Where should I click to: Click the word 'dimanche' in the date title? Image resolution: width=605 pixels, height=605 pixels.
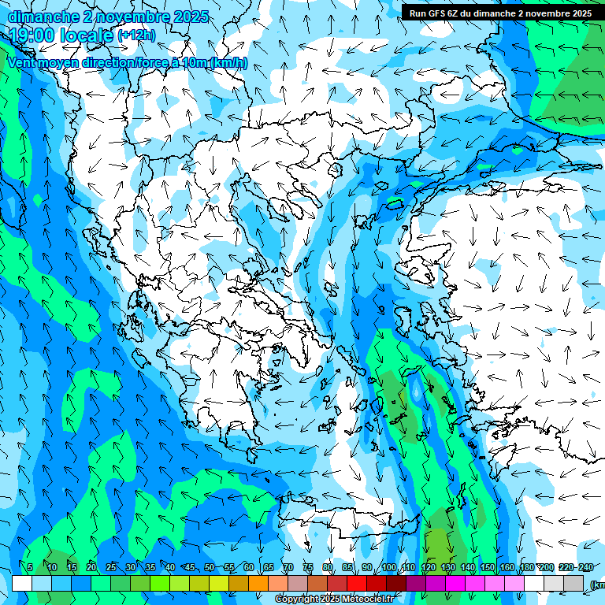tap(41, 17)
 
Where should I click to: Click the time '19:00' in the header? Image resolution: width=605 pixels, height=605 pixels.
tap(31, 35)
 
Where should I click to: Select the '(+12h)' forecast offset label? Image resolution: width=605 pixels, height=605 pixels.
tap(135, 35)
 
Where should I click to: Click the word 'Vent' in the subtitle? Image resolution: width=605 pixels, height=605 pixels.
tap(23, 62)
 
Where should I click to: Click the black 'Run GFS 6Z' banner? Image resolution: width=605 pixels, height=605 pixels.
tap(500, 13)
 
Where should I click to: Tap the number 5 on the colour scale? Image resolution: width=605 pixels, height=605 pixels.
tap(30, 568)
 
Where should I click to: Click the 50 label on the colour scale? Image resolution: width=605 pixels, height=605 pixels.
tap(209, 568)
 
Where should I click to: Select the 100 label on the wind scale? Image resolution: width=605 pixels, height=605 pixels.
tap(388, 568)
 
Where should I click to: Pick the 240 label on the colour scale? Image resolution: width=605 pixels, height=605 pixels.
tap(585, 568)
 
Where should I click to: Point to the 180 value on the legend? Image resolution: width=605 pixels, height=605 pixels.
tap(526, 568)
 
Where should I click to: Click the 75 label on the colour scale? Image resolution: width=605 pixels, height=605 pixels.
tap(308, 568)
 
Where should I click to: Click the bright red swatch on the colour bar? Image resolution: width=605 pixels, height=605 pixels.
tap(357, 583)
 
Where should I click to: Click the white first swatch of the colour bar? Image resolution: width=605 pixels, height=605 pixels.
tap(22, 583)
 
